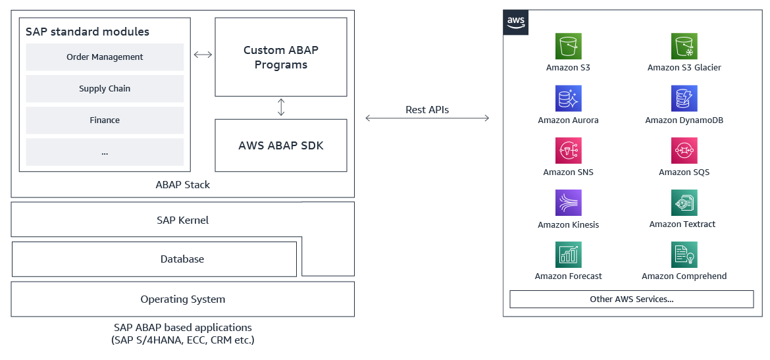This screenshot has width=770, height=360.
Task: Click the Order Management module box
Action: pos(105,57)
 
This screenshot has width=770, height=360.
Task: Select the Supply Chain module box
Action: pos(105,89)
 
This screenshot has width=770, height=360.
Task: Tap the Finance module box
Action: pos(105,120)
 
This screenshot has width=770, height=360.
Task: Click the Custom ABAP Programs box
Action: pos(281,57)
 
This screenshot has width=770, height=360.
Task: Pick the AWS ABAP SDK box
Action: pos(281,145)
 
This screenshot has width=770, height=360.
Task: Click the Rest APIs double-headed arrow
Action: pos(427,118)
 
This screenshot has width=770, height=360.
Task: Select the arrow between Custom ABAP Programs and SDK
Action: pos(281,107)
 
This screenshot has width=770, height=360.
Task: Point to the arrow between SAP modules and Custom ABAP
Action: pos(203,55)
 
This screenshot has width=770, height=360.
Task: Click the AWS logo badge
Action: pos(516,22)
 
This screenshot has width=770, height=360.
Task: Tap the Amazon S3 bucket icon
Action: pos(568,47)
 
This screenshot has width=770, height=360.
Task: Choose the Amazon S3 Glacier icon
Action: pos(684,47)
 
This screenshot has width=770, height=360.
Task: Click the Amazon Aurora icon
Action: pos(568,99)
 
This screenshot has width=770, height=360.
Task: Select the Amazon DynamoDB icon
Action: pos(684,99)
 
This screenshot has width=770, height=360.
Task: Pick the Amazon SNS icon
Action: pos(568,151)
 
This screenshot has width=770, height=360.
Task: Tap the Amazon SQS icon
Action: pos(684,151)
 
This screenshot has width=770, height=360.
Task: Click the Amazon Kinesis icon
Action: pos(568,203)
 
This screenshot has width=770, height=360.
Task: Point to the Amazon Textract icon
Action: pos(684,203)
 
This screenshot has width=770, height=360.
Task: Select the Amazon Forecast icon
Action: pos(568,255)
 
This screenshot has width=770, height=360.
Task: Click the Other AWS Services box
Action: pos(631,299)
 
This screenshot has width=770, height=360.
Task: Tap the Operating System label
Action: pos(182,299)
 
